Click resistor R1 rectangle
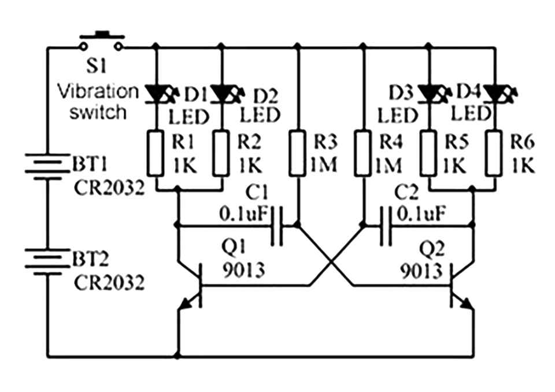coord(156,153)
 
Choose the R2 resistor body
coord(223,153)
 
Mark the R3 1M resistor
coord(297,153)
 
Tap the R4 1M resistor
coord(363,153)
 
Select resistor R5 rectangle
coord(428,153)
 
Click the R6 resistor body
coord(494,153)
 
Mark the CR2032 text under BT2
coord(108,283)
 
